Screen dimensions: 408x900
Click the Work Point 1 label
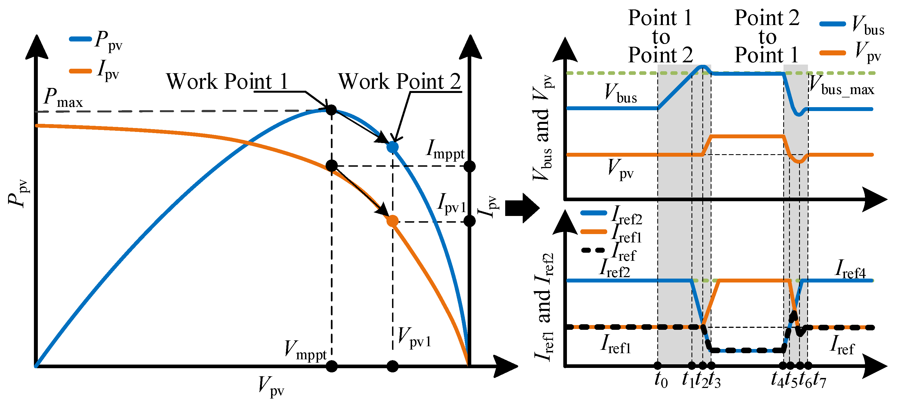[227, 82]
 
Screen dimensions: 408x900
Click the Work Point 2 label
[399, 82]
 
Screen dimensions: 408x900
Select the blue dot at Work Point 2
[393, 147]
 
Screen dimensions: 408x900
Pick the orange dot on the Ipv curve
[393, 221]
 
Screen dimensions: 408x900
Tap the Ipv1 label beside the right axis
[452, 203]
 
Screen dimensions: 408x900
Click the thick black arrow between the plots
[522, 208]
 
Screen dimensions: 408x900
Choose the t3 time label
[715, 380]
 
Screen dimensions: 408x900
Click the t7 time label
[820, 380]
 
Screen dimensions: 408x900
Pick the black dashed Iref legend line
[592, 250]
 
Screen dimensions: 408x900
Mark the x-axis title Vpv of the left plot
[271, 387]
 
